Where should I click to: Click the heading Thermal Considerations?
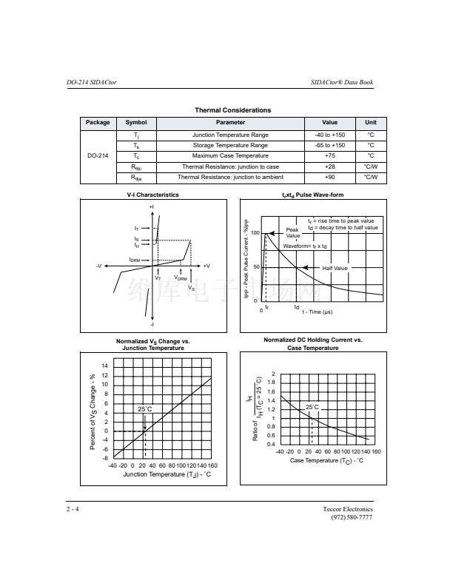[232, 110]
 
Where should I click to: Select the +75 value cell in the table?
[329, 156]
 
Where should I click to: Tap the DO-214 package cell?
[98, 156]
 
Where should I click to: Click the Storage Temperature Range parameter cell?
[230, 146]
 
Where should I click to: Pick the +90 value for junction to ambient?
[329, 178]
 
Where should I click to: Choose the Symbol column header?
[136, 123]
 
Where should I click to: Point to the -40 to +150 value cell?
[329, 135]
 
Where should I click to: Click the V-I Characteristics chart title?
[153, 195]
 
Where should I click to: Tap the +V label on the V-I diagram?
[207, 266]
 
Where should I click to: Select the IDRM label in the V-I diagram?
[135, 260]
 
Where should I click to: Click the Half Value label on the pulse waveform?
[335, 268]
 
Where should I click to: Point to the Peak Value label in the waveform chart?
[293, 232]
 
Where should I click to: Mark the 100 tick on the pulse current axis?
[255, 233]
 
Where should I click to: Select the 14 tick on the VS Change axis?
[104, 366]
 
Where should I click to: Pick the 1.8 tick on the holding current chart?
[272, 383]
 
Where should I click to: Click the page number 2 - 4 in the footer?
[72, 510]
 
